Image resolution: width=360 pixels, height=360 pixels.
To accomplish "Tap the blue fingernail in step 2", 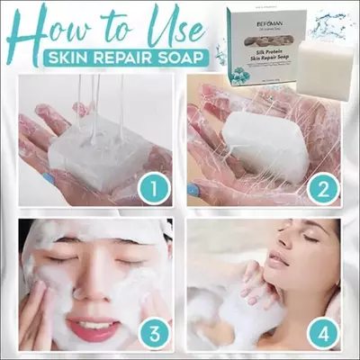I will [194, 190].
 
